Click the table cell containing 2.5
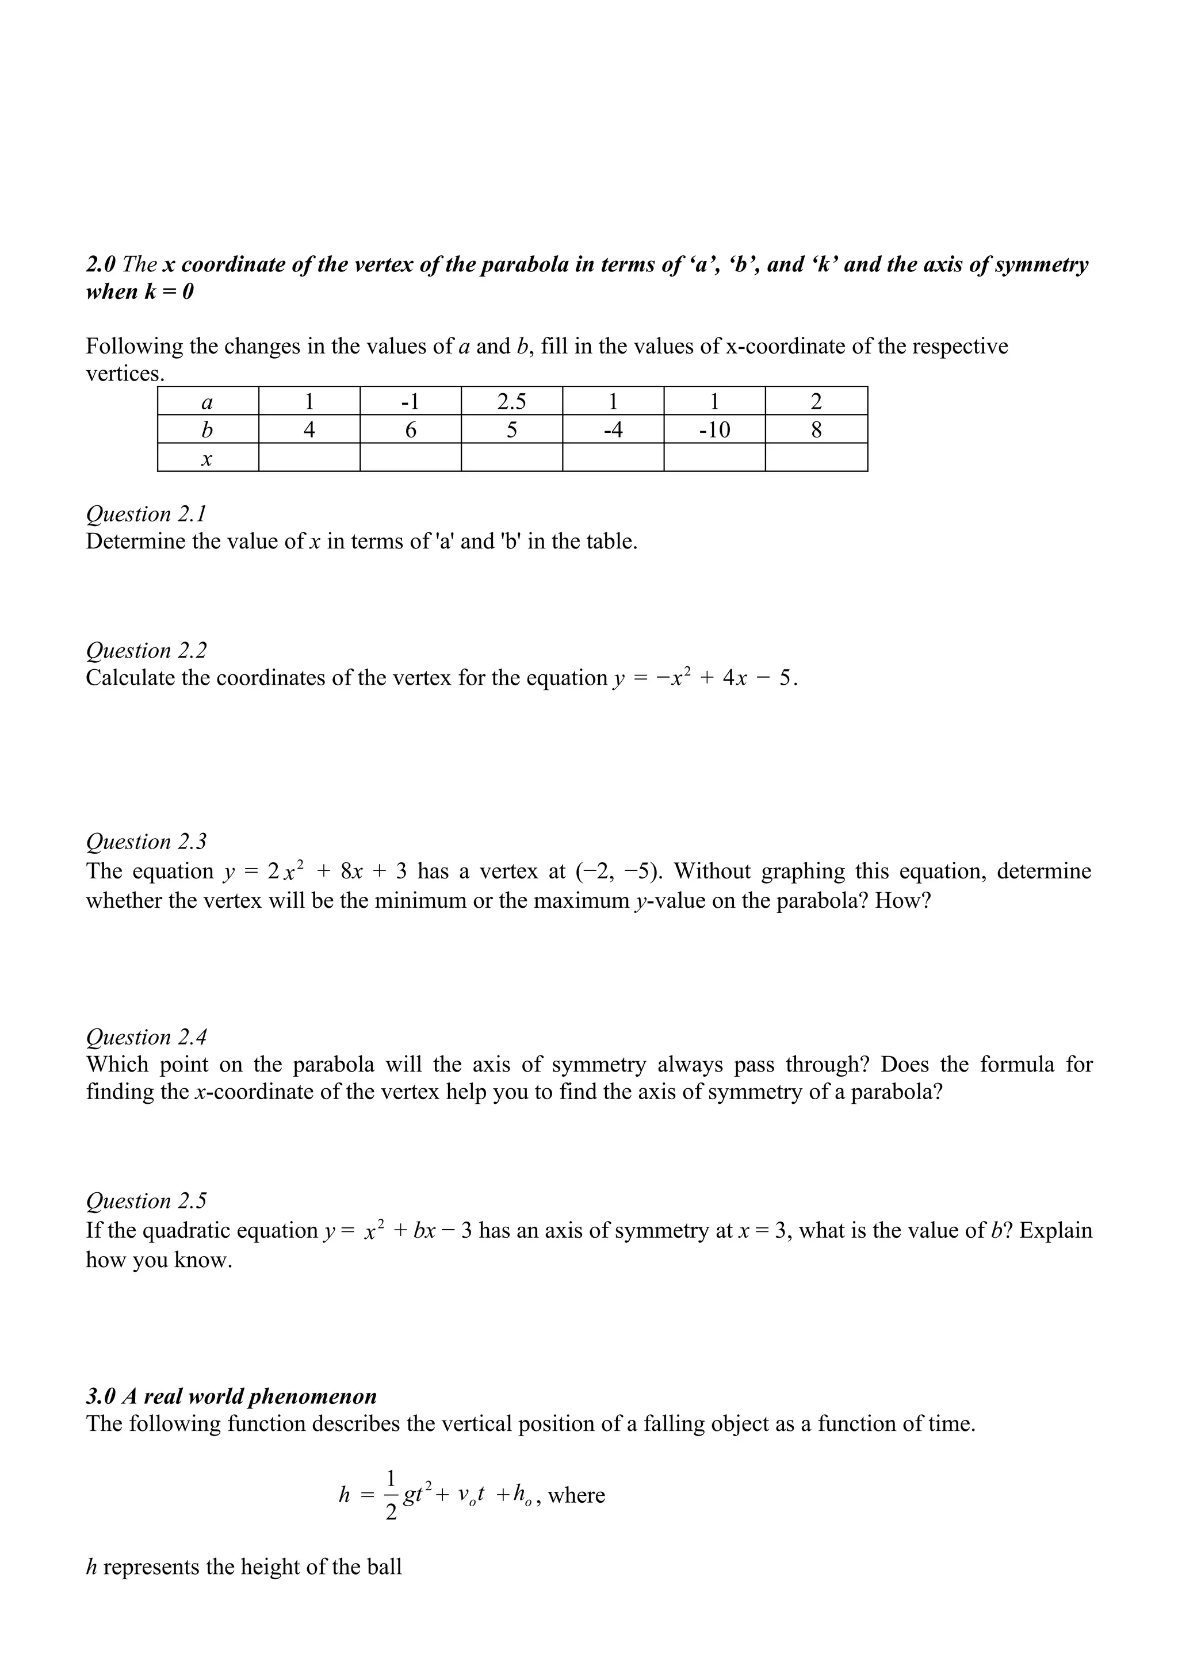point(512,401)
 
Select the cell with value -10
point(714,429)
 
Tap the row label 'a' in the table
point(207,401)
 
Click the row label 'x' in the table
point(207,459)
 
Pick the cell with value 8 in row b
point(816,429)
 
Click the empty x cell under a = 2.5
point(512,458)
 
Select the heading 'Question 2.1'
point(146,514)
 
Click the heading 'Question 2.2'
point(146,650)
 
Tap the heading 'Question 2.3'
point(146,841)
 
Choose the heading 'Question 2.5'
point(146,1201)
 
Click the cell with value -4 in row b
point(613,429)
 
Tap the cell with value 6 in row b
point(410,429)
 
